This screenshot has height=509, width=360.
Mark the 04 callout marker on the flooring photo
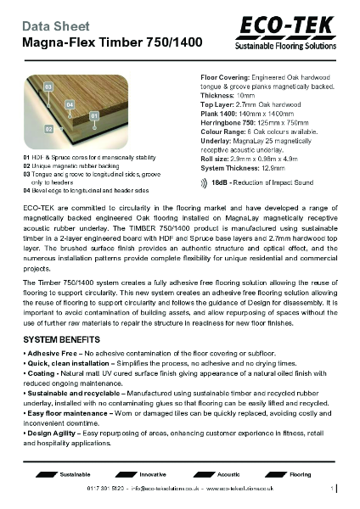[x=70, y=104]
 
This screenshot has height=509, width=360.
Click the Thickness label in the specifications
[x=215, y=96]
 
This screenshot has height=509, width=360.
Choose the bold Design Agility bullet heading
[x=55, y=433]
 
